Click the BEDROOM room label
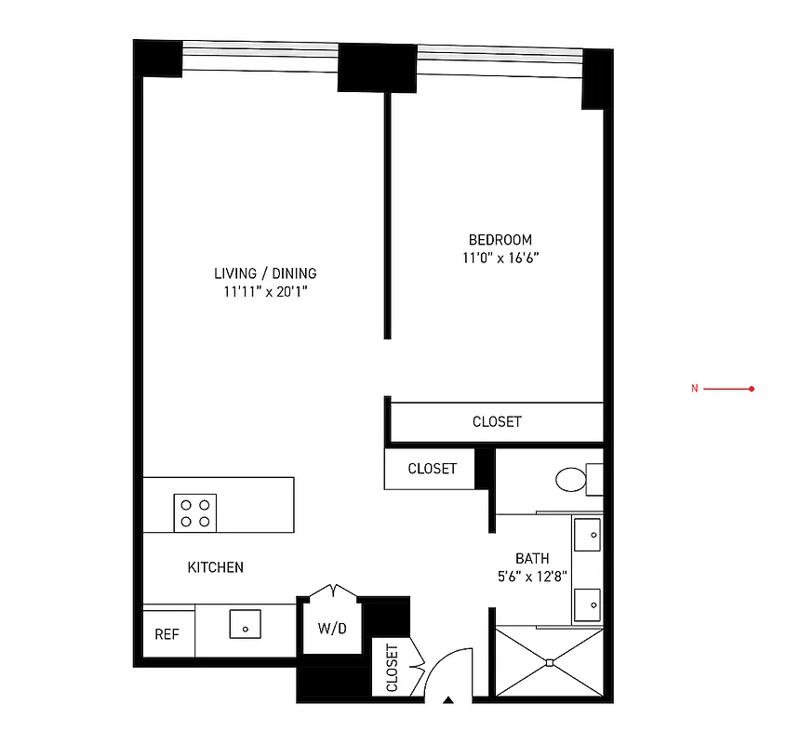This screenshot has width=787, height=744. click(x=500, y=239)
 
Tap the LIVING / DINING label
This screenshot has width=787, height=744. click(x=265, y=273)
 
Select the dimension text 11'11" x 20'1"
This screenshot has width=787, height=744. click(x=265, y=291)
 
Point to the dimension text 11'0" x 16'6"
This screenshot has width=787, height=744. click(x=500, y=257)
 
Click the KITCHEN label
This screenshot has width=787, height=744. click(x=216, y=566)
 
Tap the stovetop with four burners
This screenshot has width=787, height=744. click(x=194, y=512)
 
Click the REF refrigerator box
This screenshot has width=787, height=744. click(x=167, y=634)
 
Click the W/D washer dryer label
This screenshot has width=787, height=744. click(x=331, y=628)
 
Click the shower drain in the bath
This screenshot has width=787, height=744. click(x=550, y=662)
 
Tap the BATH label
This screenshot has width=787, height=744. click(x=532, y=558)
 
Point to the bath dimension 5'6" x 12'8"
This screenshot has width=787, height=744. click(x=532, y=576)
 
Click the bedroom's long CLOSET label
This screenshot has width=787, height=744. click(x=497, y=421)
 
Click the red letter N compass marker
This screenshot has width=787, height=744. click(x=693, y=389)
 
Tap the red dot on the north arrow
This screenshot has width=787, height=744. click(x=751, y=389)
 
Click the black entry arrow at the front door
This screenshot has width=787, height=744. click(x=448, y=699)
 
